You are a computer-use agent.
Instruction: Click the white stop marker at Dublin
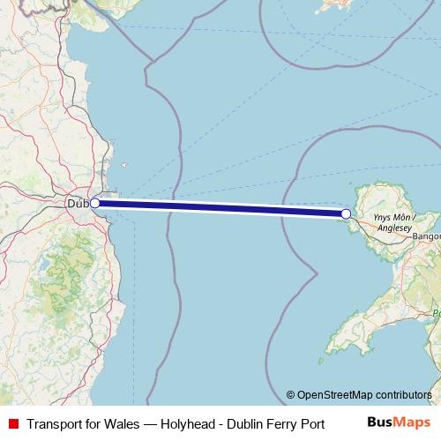coord(95,203)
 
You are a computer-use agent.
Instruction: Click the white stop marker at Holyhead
coord(346,213)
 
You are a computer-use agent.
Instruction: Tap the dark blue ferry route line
coord(220,208)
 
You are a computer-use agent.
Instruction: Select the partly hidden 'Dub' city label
coord(78,204)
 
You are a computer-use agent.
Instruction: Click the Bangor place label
coord(426,236)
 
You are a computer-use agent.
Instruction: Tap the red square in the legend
coord(12,422)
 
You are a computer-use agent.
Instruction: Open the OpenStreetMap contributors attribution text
coord(365,394)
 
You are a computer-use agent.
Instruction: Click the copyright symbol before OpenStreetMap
coord(291,394)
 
